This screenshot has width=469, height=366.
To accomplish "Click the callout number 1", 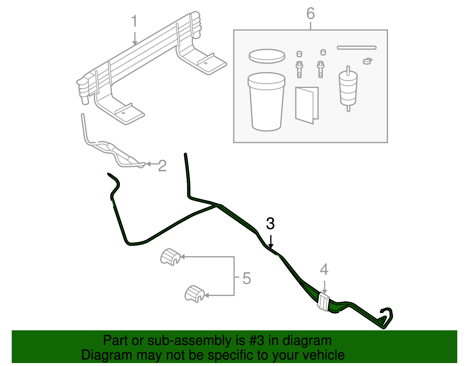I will point(134,21).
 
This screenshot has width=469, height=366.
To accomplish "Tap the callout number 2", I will point(162,166).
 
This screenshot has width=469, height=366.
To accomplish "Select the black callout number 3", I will point(270,224).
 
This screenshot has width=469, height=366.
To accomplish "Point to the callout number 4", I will point(324,270).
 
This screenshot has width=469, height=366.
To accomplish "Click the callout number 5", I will point(247,278).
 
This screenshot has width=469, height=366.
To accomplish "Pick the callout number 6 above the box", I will point(310,14).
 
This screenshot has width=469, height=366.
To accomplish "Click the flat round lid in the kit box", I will point(267,56).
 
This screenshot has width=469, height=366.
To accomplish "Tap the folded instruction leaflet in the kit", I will point(307,105).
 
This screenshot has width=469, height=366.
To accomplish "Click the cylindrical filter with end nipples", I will point(348,88).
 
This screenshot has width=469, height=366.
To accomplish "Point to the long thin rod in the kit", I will point(356,47).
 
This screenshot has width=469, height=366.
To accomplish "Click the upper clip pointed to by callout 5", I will point(170,257).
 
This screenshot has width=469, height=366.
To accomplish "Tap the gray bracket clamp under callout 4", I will point(324,302).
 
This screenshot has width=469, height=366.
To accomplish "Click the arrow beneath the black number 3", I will point(271,241).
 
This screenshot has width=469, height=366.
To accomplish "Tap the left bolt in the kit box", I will point(299,69).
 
